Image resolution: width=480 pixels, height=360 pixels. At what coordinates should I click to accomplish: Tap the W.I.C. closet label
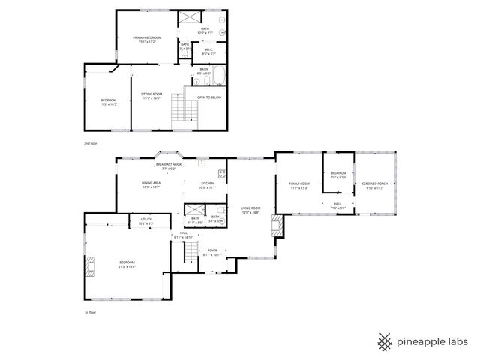coord(209,52)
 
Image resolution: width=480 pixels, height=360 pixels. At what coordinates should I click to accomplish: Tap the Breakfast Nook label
coord(168,166)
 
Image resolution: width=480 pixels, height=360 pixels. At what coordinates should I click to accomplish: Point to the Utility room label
coord(146,220)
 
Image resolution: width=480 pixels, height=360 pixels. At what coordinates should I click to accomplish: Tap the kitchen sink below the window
coord(201,161)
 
